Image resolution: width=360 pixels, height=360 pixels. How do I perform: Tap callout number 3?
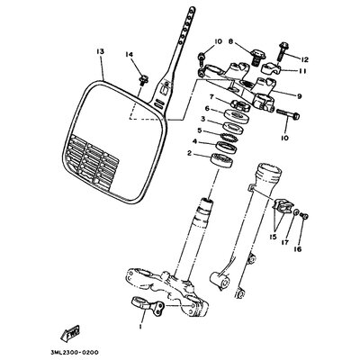click(x=203, y=120)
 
